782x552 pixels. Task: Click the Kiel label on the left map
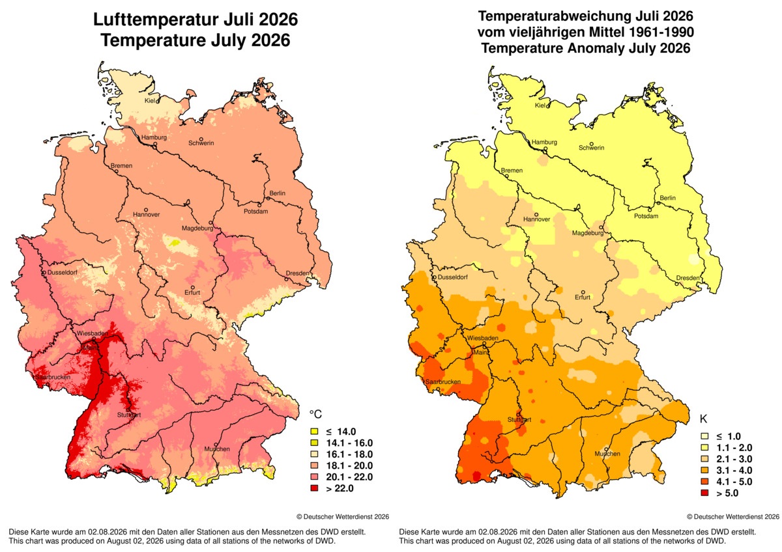pyautogui.click(x=149, y=101)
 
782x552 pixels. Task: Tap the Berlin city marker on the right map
pyautogui.click(x=658, y=203)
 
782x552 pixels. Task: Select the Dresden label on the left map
pyautogui.click(x=297, y=273)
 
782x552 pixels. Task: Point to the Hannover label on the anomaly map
pyautogui.click(x=536, y=219)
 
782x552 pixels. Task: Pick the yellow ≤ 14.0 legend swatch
pyautogui.click(x=314, y=432)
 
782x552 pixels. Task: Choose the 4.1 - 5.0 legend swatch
pyautogui.click(x=704, y=482)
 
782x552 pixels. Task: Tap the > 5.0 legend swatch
pyautogui.click(x=704, y=493)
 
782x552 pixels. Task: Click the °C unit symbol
pyautogui.click(x=315, y=414)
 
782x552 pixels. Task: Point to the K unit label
pyautogui.click(x=703, y=419)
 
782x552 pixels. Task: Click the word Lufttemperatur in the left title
pyautogui.click(x=156, y=20)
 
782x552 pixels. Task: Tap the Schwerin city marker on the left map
pyautogui.click(x=201, y=139)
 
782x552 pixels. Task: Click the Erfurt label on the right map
pyautogui.click(x=583, y=297)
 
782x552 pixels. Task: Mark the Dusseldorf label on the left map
pyautogui.click(x=63, y=272)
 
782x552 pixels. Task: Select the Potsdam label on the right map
pyautogui.click(x=646, y=216)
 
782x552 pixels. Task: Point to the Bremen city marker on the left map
pyautogui.click(x=117, y=171)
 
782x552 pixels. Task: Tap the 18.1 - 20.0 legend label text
pyautogui.click(x=349, y=466)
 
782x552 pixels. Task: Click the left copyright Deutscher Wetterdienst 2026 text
pyautogui.click(x=343, y=517)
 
